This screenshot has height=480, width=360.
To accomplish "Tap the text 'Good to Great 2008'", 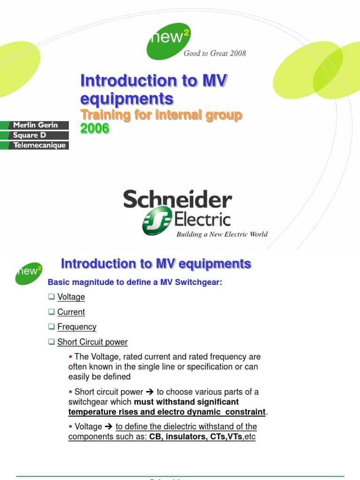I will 215,53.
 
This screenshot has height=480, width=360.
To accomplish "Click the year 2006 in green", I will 95,128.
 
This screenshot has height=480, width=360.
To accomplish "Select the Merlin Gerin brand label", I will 35,125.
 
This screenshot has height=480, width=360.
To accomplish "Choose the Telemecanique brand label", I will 35,145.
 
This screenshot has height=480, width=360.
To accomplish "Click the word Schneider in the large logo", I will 178,200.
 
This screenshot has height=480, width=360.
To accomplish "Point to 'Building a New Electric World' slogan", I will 222,234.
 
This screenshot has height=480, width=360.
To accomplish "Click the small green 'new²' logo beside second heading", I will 29,273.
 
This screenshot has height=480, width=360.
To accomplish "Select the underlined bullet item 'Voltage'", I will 71,297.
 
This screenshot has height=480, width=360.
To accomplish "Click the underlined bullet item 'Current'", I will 71,312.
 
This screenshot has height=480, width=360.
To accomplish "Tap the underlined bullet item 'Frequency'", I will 77,327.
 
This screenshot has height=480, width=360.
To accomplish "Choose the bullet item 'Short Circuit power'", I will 92,342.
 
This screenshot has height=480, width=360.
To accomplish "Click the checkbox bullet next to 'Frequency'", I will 52,327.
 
